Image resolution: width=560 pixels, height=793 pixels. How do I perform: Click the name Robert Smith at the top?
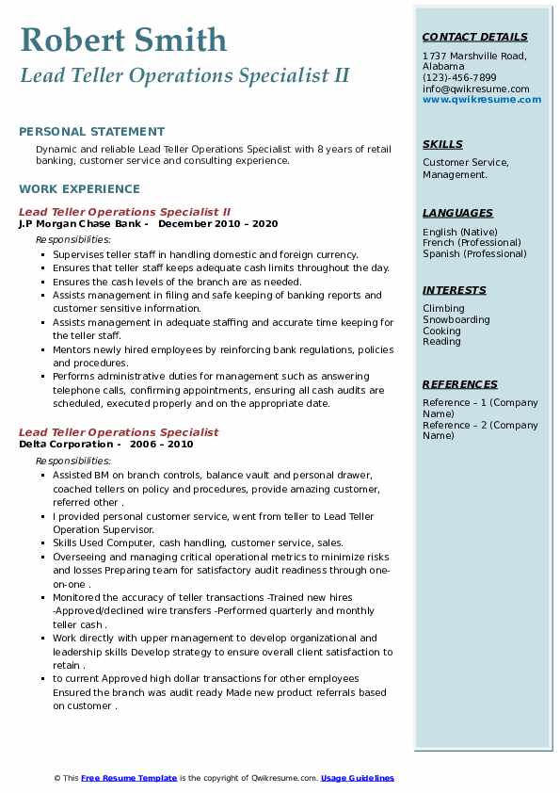tap(123, 40)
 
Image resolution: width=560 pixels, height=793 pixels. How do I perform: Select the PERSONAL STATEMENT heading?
tap(91, 132)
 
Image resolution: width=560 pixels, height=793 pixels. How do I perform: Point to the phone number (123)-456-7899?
tap(459, 78)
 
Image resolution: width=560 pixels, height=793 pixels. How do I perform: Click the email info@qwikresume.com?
tap(475, 89)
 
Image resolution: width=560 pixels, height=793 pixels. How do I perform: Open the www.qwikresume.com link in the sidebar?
tap(482, 99)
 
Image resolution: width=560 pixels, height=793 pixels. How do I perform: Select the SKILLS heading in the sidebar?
tap(442, 144)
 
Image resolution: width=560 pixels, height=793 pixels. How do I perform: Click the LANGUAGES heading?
tap(457, 213)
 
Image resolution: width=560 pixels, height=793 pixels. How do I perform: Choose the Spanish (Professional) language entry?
tap(474, 253)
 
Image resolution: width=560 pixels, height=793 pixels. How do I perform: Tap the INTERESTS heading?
tap(455, 290)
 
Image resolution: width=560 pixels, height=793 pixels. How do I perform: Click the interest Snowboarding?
tap(456, 319)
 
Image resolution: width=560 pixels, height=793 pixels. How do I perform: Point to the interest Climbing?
tap(443, 308)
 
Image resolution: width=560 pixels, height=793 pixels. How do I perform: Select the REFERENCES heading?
tap(460, 384)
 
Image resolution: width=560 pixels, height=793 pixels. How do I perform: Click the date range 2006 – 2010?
tap(163, 444)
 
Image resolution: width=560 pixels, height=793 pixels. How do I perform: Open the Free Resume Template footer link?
tap(129, 778)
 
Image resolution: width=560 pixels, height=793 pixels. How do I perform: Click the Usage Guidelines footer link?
tap(357, 778)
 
